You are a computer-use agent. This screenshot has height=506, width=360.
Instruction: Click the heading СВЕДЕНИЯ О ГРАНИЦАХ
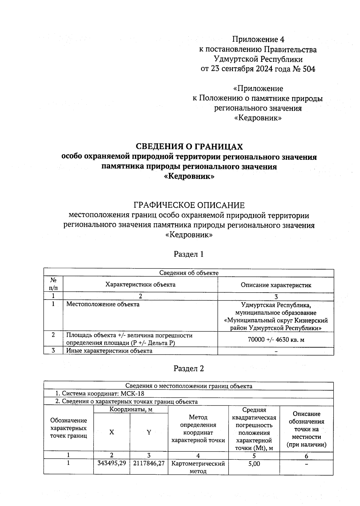189,146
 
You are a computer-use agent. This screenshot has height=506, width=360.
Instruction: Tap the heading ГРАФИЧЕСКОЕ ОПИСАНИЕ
189,205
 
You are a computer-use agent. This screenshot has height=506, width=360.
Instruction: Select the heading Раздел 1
189,254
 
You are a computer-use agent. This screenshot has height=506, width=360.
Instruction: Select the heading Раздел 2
189,369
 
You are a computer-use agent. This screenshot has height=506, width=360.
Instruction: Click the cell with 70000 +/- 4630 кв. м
276,340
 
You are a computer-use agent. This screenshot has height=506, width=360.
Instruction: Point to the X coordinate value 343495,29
112,463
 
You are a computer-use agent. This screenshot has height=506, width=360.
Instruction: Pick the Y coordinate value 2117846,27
149,463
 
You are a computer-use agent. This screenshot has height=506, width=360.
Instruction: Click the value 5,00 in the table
254,464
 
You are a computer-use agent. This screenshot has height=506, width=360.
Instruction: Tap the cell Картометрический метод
198,467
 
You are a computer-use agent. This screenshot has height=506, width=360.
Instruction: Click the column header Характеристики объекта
140,285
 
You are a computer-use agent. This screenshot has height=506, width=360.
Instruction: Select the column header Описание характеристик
276,285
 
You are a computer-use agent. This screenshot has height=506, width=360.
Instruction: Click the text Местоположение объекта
103,304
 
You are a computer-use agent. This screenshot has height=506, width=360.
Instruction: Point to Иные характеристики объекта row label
109,351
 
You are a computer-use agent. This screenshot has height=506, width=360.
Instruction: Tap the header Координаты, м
131,409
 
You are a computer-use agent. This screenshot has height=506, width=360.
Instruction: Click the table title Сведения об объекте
189,273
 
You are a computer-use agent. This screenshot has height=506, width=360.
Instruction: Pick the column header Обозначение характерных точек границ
69,428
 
